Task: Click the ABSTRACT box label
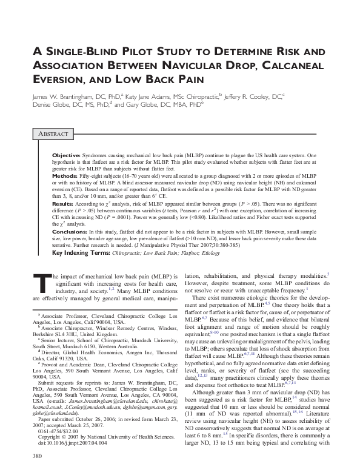(x=50, y=133)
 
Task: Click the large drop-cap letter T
(x=39, y=282)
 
